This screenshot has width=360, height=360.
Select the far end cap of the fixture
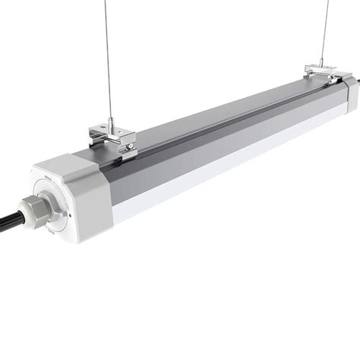click(x=350, y=89)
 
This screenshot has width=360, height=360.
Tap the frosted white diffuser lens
click(x=228, y=152)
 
